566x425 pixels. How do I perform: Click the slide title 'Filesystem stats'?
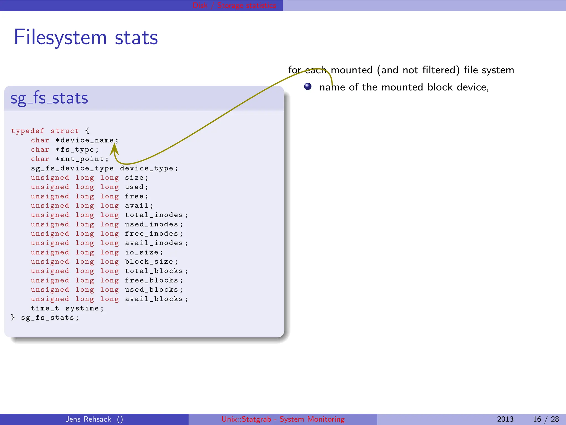point(86,38)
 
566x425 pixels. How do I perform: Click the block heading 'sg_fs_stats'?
point(49,98)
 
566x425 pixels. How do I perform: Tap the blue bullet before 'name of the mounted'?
point(308,87)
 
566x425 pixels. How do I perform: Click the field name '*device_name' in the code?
point(85,141)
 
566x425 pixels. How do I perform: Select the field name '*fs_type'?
point(75,150)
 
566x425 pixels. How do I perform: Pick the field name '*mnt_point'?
point(80,159)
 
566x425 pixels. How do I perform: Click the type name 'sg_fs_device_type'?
point(72,169)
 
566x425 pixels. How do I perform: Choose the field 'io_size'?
point(142,252)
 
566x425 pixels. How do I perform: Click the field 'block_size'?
point(149,262)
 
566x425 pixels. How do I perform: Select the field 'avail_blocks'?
point(154,299)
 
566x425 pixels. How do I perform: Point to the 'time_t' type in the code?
point(45,309)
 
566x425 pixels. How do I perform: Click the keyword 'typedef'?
point(28,131)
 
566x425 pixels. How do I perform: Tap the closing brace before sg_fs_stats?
point(13,318)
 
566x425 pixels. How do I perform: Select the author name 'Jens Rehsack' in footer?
point(88,419)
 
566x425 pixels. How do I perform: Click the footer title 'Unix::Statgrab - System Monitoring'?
point(283,419)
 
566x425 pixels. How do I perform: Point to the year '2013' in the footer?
point(505,419)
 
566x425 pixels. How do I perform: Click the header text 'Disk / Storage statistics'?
point(234,6)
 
